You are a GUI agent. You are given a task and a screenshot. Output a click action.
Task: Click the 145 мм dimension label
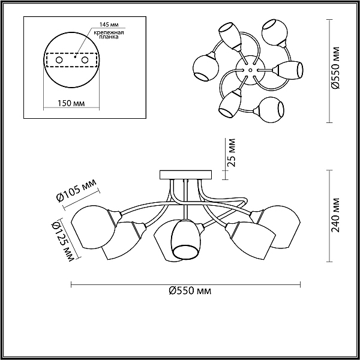(109, 25)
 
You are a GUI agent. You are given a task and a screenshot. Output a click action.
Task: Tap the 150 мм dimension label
(71, 103)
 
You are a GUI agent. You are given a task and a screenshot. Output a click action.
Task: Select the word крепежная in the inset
(109, 32)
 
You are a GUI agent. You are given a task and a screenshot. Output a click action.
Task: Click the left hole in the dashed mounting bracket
(59, 60)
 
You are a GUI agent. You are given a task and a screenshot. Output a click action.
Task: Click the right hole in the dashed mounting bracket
(85, 60)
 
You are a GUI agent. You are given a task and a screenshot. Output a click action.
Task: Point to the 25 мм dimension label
(231, 152)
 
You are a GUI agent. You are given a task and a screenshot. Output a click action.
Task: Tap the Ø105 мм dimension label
(76, 191)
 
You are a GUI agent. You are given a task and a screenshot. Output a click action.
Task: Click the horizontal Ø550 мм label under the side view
(190, 291)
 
